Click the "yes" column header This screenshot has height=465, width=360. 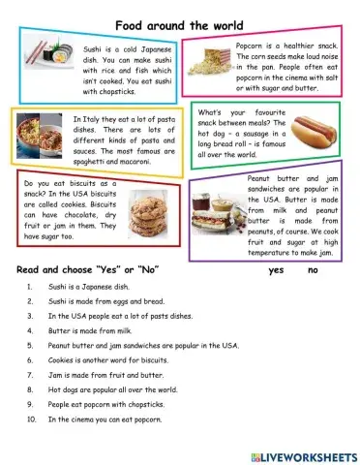(x=277, y=269)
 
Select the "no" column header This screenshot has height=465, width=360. (x=312, y=269)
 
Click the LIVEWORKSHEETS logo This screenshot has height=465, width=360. (x=303, y=454)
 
